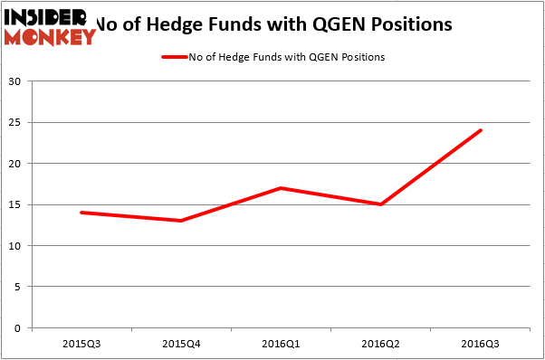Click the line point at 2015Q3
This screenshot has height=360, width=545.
click(x=81, y=213)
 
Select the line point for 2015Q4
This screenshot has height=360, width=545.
click(x=181, y=221)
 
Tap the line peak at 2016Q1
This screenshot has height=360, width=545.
click(x=281, y=188)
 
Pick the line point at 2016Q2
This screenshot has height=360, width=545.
click(x=381, y=204)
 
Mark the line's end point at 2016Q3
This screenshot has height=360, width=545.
click(x=481, y=130)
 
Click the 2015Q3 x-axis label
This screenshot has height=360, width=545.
click(x=81, y=345)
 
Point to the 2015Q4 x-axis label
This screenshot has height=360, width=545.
click(x=181, y=345)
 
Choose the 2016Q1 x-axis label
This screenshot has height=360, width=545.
click(x=281, y=345)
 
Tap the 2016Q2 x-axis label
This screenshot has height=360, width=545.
click(x=381, y=345)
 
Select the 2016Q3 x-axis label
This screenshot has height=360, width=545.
click(x=481, y=345)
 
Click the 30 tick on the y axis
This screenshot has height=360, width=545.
click(x=17, y=81)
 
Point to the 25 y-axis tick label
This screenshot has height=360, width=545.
click(x=17, y=122)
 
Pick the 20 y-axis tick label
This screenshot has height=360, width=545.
click(x=17, y=164)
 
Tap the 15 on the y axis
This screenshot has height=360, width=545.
click(x=17, y=204)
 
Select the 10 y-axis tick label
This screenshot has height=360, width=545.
click(x=17, y=246)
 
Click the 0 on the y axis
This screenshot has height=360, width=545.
click(x=20, y=328)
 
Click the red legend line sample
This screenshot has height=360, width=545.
click(x=173, y=57)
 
